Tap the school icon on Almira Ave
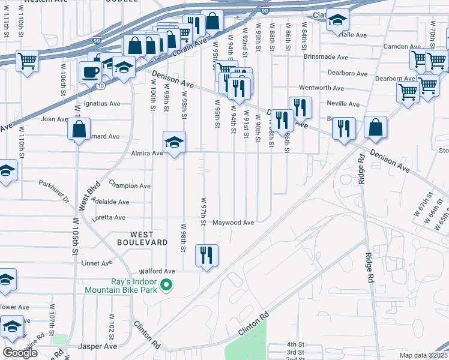(x=174, y=142)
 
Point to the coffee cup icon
(x=91, y=72)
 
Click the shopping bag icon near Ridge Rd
(x=375, y=127)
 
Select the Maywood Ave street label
(x=234, y=223)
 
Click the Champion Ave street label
(x=130, y=186)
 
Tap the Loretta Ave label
(x=109, y=218)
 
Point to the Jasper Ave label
(x=98, y=347)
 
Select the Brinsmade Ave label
(x=326, y=58)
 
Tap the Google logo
(x=20, y=353)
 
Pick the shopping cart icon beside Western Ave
(x=27, y=60)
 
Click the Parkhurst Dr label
(x=54, y=190)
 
